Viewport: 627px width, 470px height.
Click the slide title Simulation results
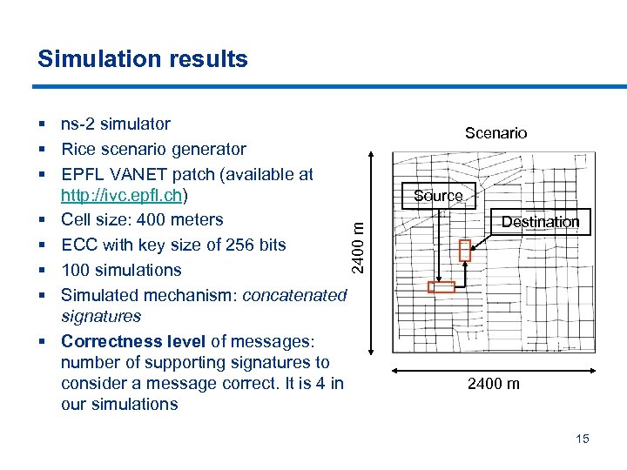[x=143, y=59]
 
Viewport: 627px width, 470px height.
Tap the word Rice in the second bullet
[x=78, y=150]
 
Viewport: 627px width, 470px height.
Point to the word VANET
[x=133, y=174]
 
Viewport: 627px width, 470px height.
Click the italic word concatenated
[x=294, y=295]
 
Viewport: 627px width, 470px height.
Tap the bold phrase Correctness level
[x=133, y=341]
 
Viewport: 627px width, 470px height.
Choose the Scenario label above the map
[x=496, y=133]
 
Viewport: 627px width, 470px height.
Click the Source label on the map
[x=438, y=196]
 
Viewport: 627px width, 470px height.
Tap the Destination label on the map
[x=540, y=222]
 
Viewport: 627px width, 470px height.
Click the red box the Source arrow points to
[x=442, y=287]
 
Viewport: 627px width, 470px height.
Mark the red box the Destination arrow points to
[x=464, y=251]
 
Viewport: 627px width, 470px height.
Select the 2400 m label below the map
[x=494, y=384]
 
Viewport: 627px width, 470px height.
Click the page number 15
[x=582, y=439]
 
